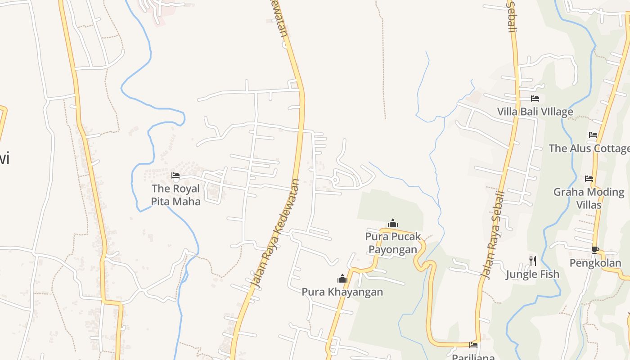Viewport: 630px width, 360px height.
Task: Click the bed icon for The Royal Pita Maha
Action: pyautogui.click(x=175, y=175)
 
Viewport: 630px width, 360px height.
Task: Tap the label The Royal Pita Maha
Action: pyautogui.click(x=175, y=195)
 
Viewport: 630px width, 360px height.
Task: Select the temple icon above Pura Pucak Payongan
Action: pyautogui.click(x=393, y=223)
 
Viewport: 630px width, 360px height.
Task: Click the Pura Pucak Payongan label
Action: pyautogui.click(x=393, y=243)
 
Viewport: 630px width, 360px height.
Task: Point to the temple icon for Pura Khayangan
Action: pyautogui.click(x=342, y=279)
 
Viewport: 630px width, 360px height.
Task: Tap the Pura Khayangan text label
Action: pyautogui.click(x=342, y=292)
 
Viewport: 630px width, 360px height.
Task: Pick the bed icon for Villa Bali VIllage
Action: pyautogui.click(x=535, y=99)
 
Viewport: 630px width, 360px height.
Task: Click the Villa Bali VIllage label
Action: pyautogui.click(x=535, y=112)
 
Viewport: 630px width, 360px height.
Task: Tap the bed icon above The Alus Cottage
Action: pyautogui.click(x=593, y=135)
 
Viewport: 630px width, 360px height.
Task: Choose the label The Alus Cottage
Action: pyautogui.click(x=589, y=148)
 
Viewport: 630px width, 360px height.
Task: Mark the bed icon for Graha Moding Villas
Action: pyautogui.click(x=589, y=179)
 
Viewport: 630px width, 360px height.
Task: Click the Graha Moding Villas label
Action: pyautogui.click(x=589, y=198)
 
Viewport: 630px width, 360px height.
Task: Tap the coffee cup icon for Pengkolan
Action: pyautogui.click(x=595, y=250)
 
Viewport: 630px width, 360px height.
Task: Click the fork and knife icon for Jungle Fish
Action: pyautogui.click(x=533, y=261)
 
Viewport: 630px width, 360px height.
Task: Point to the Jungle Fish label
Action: pyautogui.click(x=532, y=274)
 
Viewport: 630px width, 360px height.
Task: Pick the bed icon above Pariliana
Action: pyautogui.click(x=473, y=345)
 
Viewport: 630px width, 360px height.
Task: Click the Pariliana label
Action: pyautogui.click(x=473, y=357)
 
